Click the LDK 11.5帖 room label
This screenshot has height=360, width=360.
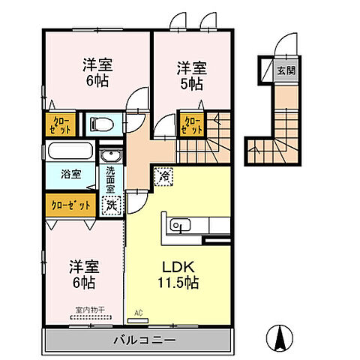click(178, 274)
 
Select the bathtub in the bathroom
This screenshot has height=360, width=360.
click(71, 151)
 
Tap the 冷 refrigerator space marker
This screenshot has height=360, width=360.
click(163, 176)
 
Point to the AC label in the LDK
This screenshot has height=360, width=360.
click(138, 312)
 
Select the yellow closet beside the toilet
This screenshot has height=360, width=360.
click(59, 124)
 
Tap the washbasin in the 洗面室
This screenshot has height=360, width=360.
click(110, 156)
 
